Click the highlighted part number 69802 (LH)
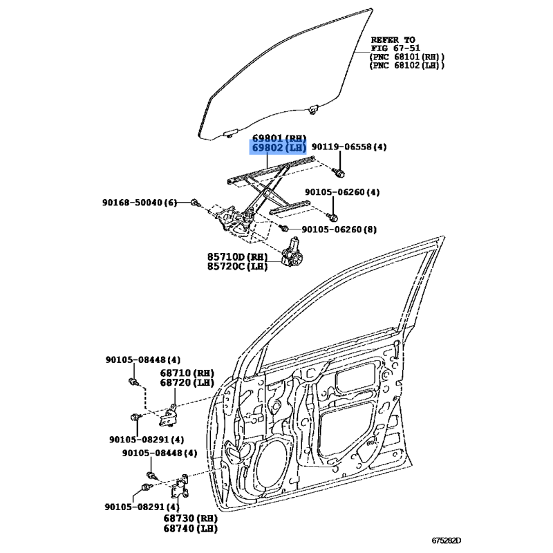click(x=278, y=147)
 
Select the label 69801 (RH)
click(x=279, y=138)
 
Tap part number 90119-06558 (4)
click(x=349, y=147)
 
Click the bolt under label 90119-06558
click(x=339, y=173)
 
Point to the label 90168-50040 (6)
click(x=140, y=203)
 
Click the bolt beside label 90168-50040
click(x=195, y=203)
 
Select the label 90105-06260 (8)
click(x=339, y=229)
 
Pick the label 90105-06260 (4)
click(x=342, y=192)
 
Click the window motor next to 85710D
click(x=292, y=252)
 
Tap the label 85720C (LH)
click(x=237, y=266)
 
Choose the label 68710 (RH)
click(x=187, y=373)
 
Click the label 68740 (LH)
click(x=191, y=528)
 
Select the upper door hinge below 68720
click(x=169, y=417)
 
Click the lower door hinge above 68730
click(x=180, y=487)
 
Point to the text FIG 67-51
click(x=395, y=48)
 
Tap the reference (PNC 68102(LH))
click(x=407, y=65)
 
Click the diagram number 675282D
click(x=447, y=541)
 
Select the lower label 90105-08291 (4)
click(x=142, y=507)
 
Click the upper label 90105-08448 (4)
click(x=143, y=359)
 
